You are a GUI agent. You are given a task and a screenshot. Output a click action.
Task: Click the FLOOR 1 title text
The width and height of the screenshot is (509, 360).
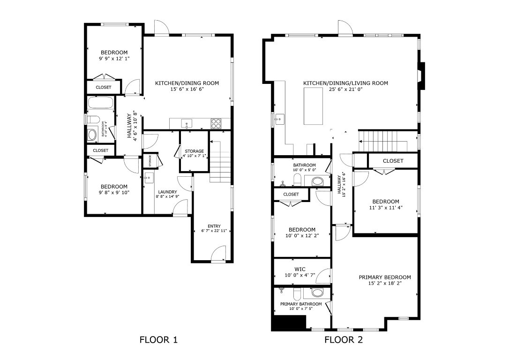pyautogui.click(x=158, y=340)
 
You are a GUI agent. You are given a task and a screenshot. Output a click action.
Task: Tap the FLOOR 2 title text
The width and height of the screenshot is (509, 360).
pyautogui.click(x=344, y=340)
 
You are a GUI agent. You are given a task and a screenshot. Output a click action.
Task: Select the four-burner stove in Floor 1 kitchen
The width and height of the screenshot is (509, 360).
pyautogui.click(x=216, y=124)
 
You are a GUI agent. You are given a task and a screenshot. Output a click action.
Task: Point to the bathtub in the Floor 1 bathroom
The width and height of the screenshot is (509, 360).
pyautogui.click(x=100, y=103)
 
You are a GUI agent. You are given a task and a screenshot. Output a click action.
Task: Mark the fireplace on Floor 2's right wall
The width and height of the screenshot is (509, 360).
pyautogui.click(x=421, y=76)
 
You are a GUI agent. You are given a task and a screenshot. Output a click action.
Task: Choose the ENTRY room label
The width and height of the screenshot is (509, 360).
pyautogui.click(x=214, y=226)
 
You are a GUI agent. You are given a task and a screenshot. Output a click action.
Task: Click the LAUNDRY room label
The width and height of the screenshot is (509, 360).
pyautogui.click(x=167, y=192)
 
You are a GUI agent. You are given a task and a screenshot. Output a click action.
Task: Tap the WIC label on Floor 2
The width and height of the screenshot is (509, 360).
pyautogui.click(x=300, y=269)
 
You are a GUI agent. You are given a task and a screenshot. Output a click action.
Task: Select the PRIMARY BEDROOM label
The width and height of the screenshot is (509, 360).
pyautogui.click(x=385, y=277)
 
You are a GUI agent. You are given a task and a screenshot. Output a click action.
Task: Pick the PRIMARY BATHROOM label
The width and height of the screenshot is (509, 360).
pyautogui.click(x=301, y=304)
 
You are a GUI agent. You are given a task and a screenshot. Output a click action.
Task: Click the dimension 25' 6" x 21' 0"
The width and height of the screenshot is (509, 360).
pyautogui.click(x=345, y=90)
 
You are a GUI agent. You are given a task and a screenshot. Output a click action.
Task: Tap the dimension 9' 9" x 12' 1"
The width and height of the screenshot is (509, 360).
pyautogui.click(x=114, y=59)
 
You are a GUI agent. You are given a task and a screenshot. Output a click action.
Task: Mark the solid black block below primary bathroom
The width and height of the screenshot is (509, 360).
pyautogui.click(x=288, y=323)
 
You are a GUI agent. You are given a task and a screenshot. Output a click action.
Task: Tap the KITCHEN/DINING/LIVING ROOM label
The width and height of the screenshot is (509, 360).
pyautogui.click(x=345, y=83)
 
